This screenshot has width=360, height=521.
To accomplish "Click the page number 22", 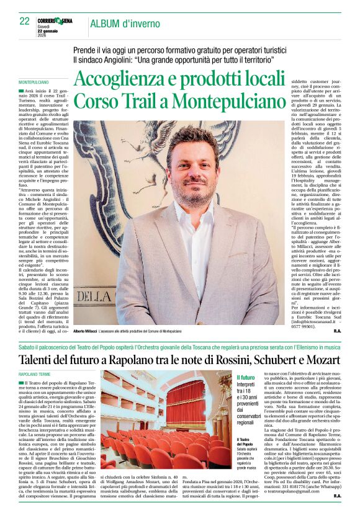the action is [x=25, y=21].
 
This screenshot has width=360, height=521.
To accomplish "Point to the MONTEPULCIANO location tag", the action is [x=34, y=82].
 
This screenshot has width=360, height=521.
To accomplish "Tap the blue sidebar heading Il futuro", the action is [x=246, y=378].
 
